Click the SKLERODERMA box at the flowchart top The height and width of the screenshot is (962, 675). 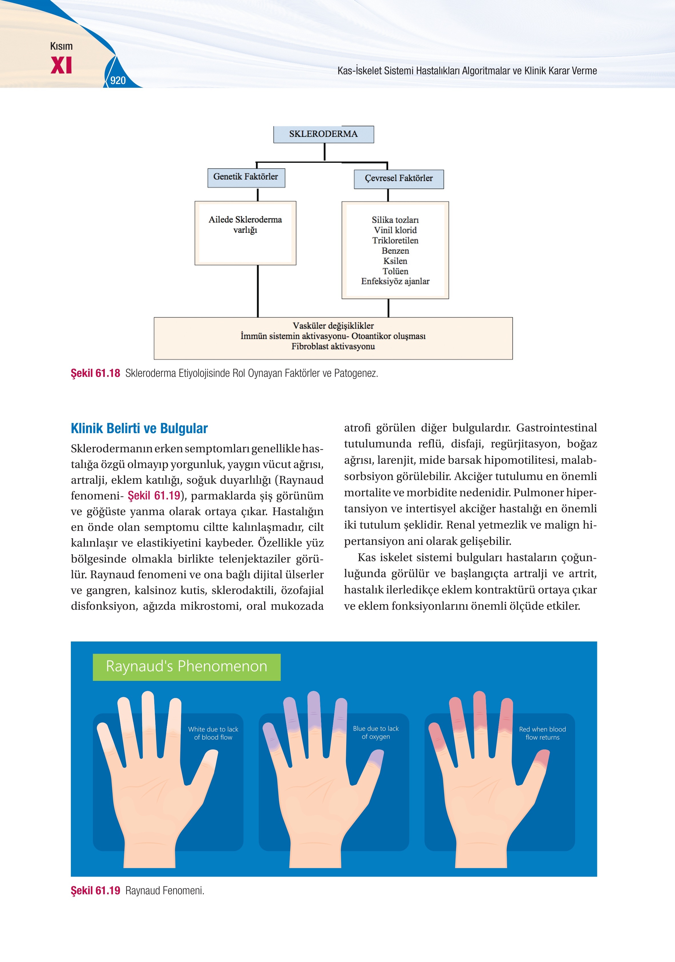pyautogui.click(x=323, y=134)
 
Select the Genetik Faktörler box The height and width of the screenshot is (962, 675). pyautogui.click(x=246, y=178)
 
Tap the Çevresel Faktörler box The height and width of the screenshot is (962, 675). pyautogui.click(x=399, y=179)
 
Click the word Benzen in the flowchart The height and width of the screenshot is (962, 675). pyautogui.click(x=395, y=251)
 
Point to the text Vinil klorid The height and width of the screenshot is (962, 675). pyautogui.click(x=395, y=230)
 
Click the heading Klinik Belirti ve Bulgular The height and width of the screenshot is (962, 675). pyautogui.click(x=139, y=428)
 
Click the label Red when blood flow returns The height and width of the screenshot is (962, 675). pyautogui.click(x=542, y=733)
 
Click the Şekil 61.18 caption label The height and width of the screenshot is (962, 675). pyautogui.click(x=95, y=373)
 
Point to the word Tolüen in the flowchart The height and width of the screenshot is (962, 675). pyautogui.click(x=395, y=271)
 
